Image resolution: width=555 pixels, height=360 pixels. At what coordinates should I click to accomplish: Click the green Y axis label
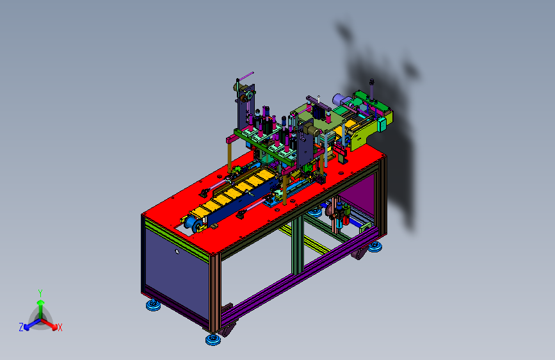tap(40, 293)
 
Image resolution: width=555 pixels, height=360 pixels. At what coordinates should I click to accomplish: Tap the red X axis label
tap(60, 327)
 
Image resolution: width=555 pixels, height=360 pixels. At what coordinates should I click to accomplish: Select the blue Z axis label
tap(21, 327)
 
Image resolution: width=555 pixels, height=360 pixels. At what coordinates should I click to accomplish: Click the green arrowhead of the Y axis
tap(41, 302)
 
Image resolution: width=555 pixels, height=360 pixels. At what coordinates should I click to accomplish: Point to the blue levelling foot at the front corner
tap(213, 339)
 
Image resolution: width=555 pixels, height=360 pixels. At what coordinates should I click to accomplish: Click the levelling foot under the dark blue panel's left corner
tap(153, 305)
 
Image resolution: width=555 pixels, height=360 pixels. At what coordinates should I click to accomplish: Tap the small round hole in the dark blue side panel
tap(177, 252)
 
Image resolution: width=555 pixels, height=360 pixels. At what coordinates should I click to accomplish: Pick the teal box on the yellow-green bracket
tap(382, 124)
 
